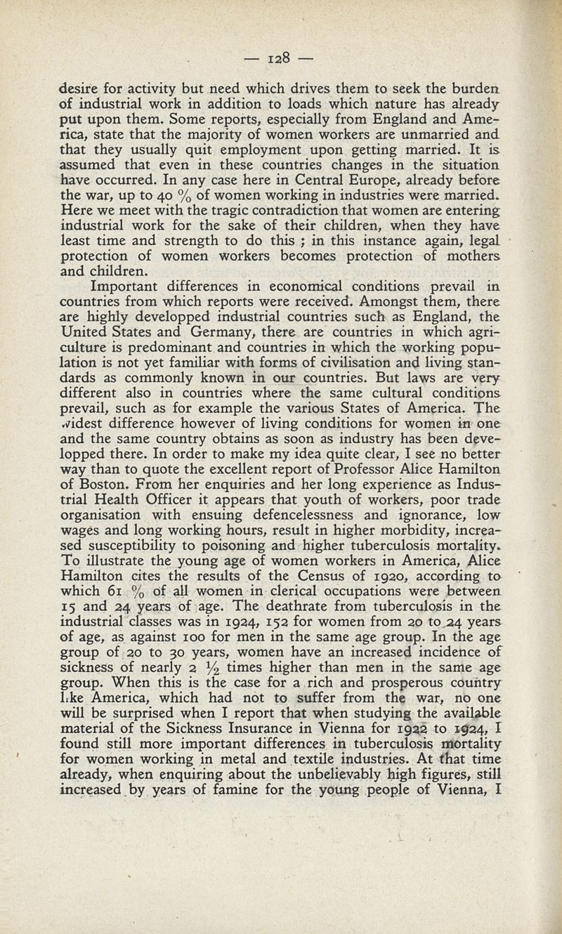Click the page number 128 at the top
pyautogui.click(x=281, y=56)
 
